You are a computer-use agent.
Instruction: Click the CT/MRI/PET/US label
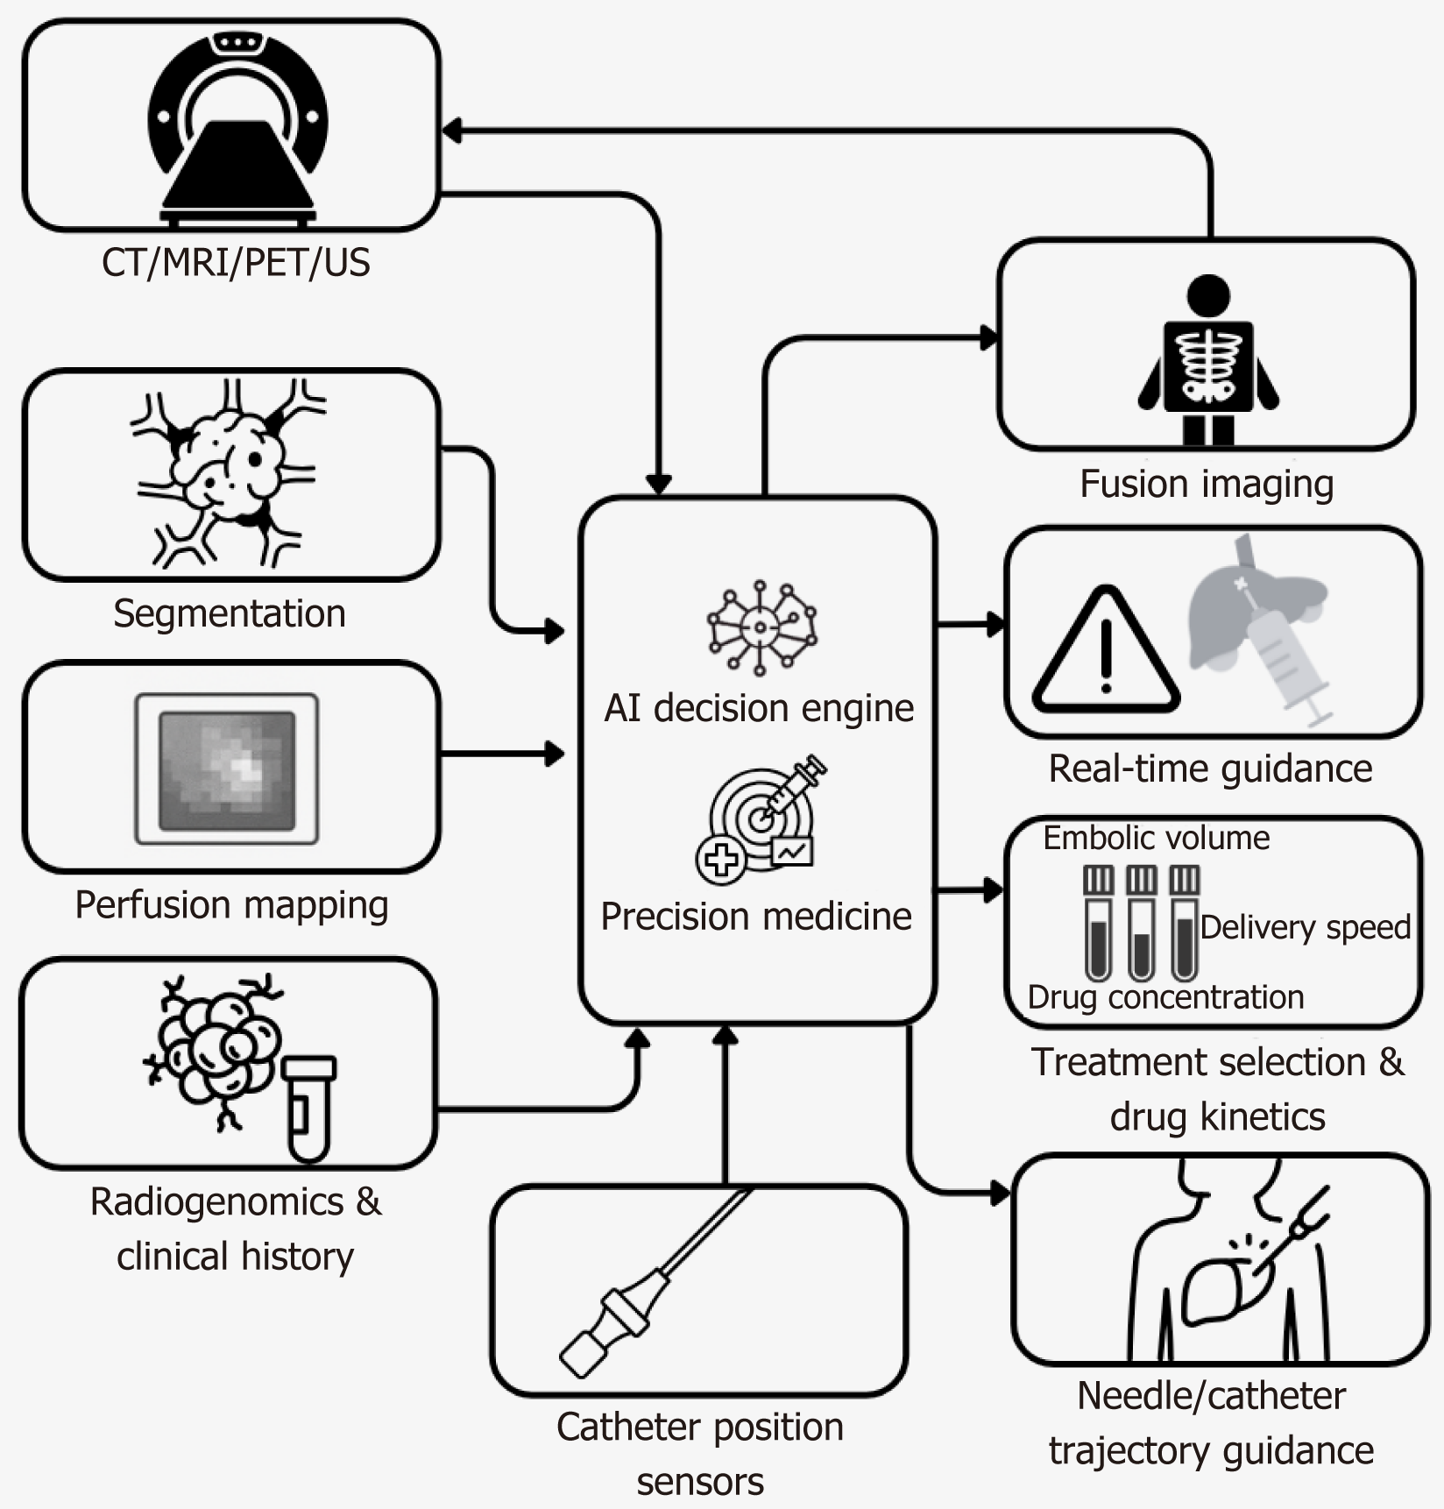(236, 262)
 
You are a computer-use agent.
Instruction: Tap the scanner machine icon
(237, 127)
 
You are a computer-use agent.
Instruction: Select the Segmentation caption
(230, 613)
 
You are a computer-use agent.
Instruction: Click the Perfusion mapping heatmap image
(227, 769)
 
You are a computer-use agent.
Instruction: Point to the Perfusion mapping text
(231, 905)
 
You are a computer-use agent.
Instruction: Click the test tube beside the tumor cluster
(308, 1109)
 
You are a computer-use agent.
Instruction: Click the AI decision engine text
(759, 708)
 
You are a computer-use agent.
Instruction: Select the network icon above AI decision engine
(761, 627)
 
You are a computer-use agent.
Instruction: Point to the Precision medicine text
(756, 917)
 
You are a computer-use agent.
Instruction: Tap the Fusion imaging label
(1207, 484)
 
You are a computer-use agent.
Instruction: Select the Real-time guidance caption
(1210, 769)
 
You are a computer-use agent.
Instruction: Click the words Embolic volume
(1156, 839)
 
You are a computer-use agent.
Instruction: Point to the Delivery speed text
(1306, 927)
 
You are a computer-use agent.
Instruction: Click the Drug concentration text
(1165, 997)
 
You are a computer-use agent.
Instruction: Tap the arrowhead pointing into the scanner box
(451, 131)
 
